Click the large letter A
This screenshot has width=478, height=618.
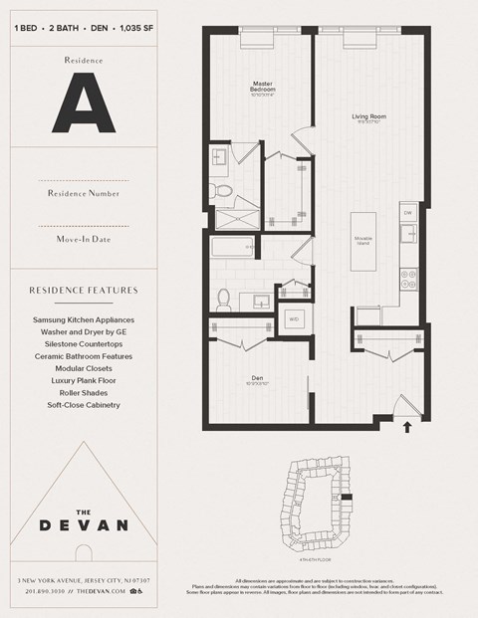click(x=83, y=104)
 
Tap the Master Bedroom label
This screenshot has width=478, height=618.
click(x=263, y=87)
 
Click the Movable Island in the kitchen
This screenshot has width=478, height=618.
click(x=362, y=242)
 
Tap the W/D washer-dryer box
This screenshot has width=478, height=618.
click(x=294, y=318)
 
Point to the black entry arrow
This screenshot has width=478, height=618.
click(x=406, y=429)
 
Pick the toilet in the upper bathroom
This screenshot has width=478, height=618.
click(x=224, y=188)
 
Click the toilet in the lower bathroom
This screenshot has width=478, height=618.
click(x=224, y=298)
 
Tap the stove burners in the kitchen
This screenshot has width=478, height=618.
click(x=405, y=278)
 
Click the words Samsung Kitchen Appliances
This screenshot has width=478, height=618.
click(x=83, y=319)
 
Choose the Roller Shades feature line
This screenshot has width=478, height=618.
click(x=83, y=392)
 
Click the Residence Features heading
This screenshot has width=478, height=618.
click(x=83, y=291)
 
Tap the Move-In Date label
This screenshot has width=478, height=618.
click(x=83, y=239)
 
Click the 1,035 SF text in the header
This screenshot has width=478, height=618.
click(x=132, y=27)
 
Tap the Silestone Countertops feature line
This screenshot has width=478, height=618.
click(x=83, y=343)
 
